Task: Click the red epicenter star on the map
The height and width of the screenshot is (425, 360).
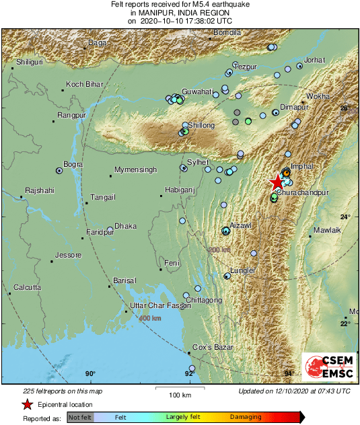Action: click(x=277, y=182)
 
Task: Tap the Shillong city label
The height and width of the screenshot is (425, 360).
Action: click(x=202, y=126)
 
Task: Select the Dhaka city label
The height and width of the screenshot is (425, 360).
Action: click(x=125, y=226)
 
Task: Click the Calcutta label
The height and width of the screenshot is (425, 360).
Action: click(x=28, y=287)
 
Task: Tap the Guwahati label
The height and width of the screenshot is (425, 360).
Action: click(x=198, y=91)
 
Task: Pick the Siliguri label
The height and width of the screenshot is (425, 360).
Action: click(x=30, y=61)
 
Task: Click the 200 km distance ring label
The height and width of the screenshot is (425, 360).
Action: click(x=219, y=249)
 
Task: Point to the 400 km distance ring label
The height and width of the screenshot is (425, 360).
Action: click(x=150, y=317)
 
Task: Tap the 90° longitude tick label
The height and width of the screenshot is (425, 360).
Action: click(x=90, y=374)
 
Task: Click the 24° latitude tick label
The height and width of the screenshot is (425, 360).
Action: click(x=345, y=217)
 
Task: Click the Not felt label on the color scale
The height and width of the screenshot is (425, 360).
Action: click(x=79, y=417)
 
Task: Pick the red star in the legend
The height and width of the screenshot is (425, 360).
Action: click(x=28, y=404)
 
